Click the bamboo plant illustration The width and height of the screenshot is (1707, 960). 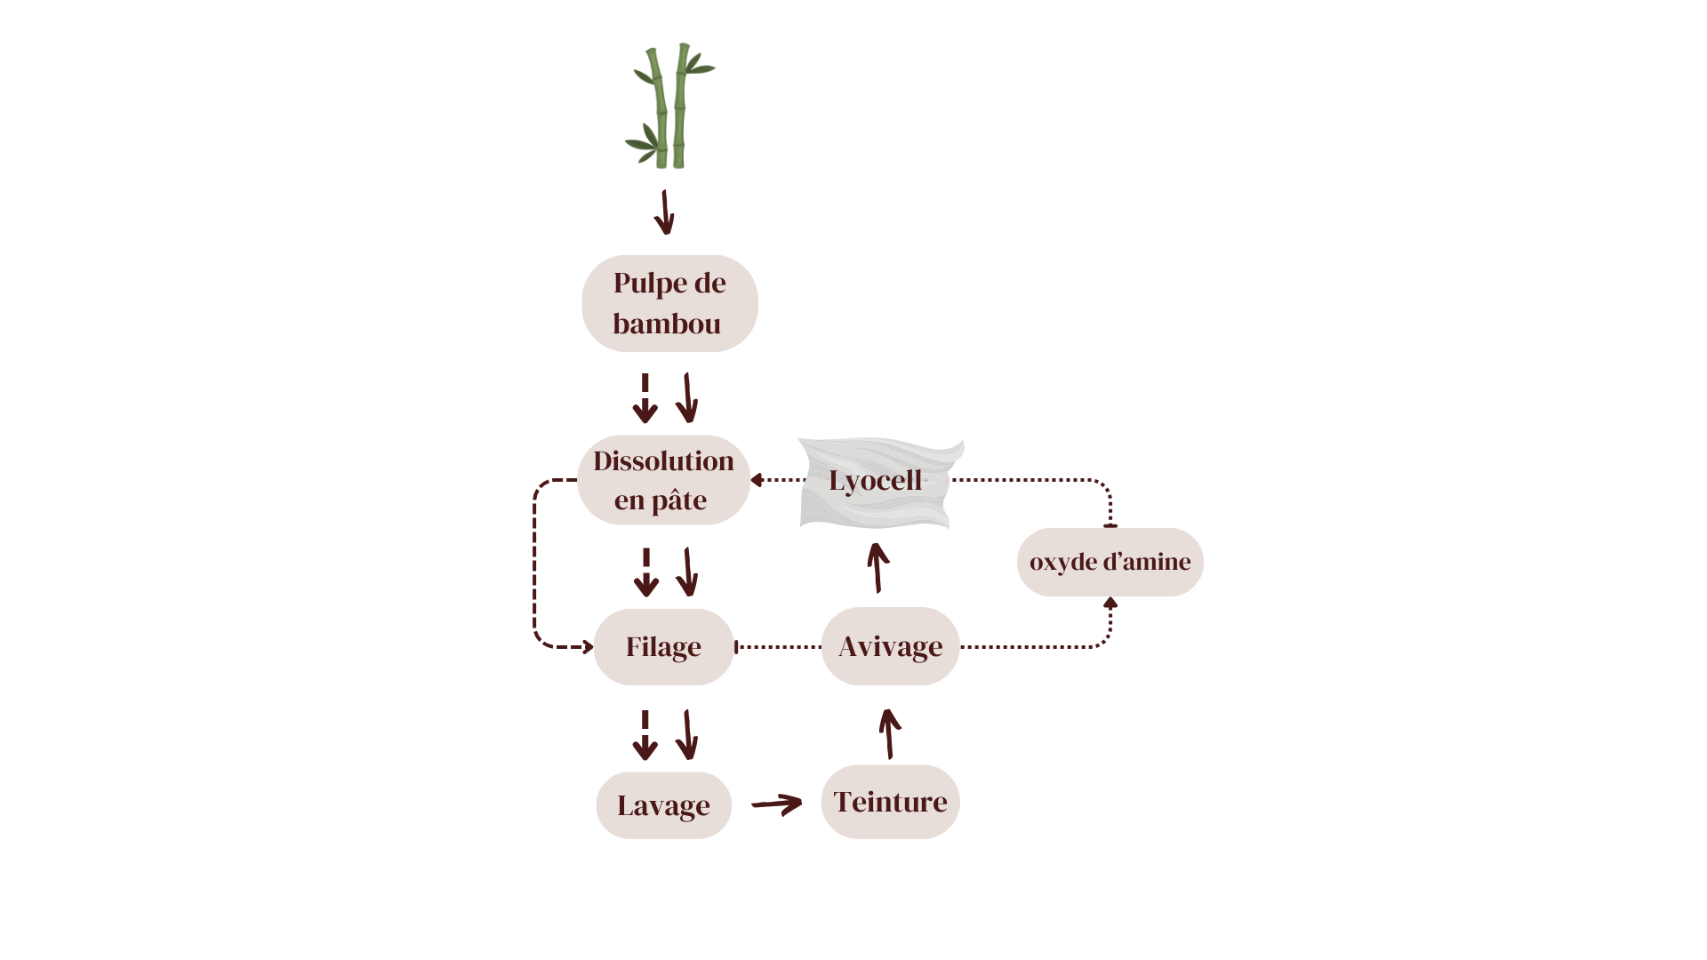click(x=669, y=107)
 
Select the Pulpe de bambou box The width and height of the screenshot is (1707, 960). click(x=669, y=303)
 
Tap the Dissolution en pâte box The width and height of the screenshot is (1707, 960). click(x=663, y=480)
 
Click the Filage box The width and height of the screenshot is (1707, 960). click(x=663, y=646)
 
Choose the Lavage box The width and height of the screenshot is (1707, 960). click(x=663, y=805)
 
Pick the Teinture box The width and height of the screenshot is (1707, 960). click(x=890, y=802)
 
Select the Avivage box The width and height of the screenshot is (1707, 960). click(x=890, y=646)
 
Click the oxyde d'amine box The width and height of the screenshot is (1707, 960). click(x=1110, y=562)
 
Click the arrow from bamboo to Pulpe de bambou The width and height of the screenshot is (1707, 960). click(x=664, y=213)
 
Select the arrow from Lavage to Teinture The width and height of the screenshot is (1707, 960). click(x=777, y=804)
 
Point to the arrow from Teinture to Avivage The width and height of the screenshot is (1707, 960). click(x=888, y=733)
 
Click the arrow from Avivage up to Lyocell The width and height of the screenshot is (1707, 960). click(x=878, y=567)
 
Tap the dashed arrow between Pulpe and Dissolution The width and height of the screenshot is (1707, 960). click(x=645, y=398)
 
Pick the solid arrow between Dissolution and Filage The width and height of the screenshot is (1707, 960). click(x=687, y=572)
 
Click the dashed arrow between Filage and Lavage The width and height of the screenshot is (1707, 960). click(x=645, y=735)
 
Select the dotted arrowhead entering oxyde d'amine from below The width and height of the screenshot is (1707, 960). click(x=1110, y=604)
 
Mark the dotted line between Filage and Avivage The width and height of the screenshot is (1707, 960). click(x=778, y=646)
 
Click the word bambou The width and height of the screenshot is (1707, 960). click(x=667, y=324)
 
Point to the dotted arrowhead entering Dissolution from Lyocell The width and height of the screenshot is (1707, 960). click(x=757, y=480)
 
